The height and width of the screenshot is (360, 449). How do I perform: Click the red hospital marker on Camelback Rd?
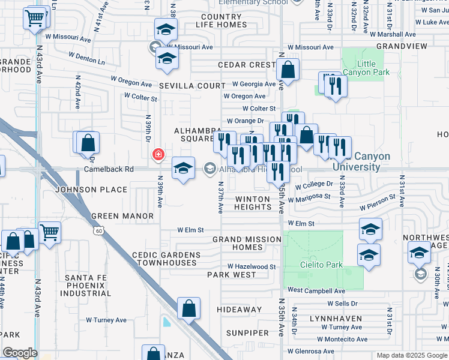(158, 155)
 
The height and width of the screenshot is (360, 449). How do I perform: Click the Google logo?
(20, 353)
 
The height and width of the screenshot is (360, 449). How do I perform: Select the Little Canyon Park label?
(366, 68)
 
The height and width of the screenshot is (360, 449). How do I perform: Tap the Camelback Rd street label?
(109, 169)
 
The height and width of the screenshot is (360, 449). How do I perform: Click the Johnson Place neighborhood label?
(91, 190)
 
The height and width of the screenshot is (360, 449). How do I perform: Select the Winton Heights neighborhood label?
(253, 203)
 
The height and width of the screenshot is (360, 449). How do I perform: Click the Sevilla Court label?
(192, 86)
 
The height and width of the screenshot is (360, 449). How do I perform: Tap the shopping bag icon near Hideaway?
(189, 308)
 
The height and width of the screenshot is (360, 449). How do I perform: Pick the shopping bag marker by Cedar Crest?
(288, 70)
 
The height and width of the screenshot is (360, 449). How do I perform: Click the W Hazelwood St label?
(251, 266)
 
